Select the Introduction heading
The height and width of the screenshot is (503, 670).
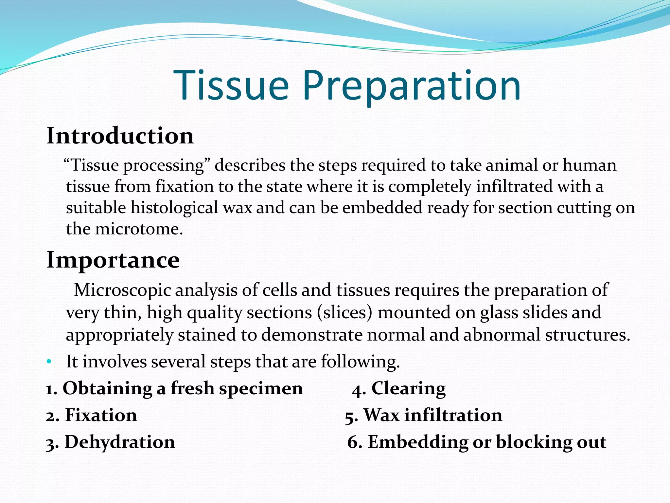click(x=120, y=136)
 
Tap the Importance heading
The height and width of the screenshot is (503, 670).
click(x=113, y=260)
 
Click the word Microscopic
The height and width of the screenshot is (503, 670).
click(x=122, y=290)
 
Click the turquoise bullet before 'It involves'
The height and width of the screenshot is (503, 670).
click(x=49, y=362)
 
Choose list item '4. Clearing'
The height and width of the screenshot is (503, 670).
click(x=399, y=389)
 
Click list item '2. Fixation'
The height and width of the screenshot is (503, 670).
click(x=92, y=415)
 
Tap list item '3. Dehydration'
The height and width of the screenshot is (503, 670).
click(x=111, y=442)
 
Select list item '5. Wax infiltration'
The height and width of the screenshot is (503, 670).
click(x=424, y=415)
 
